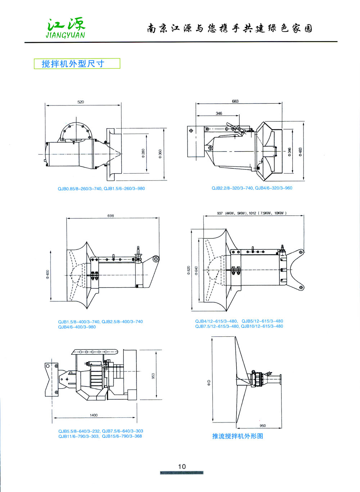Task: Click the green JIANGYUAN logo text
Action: (66, 35)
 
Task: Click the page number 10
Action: (182, 466)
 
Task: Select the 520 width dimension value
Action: (81, 102)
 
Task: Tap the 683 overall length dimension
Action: (235, 101)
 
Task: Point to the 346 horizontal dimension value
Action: (219, 113)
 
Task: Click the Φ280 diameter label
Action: (143, 152)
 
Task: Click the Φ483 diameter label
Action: (300, 152)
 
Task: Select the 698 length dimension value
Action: (111, 216)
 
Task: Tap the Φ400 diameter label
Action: (48, 274)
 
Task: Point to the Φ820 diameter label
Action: (188, 270)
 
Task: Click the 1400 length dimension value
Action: (94, 415)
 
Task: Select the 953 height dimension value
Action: (153, 376)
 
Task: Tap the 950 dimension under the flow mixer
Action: (263, 426)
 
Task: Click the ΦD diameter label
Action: (209, 383)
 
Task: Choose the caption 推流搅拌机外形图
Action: (238, 436)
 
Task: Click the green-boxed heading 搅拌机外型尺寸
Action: (73, 64)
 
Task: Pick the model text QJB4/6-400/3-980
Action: (77, 327)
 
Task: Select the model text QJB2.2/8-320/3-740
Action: (232, 188)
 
